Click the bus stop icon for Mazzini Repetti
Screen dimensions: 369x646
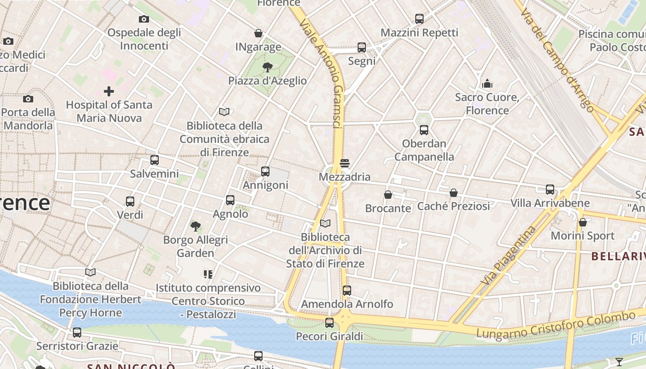click(419, 19)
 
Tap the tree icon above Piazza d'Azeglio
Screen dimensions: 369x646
click(267, 67)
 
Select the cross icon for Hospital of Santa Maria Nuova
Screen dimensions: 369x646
click(109, 91)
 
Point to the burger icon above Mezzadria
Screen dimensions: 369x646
click(344, 163)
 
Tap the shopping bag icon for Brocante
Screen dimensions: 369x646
click(388, 195)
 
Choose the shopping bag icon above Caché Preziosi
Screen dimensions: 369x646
click(454, 192)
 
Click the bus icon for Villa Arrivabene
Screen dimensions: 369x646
click(550, 190)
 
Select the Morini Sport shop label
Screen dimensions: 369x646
click(583, 236)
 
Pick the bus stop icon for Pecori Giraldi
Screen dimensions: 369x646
click(329, 323)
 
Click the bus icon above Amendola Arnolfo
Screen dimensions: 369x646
click(347, 291)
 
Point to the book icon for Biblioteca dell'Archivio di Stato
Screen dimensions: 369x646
click(325, 224)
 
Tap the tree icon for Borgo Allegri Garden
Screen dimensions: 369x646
click(196, 226)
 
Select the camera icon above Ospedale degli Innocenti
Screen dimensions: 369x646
click(144, 19)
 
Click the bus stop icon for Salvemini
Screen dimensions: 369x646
click(155, 160)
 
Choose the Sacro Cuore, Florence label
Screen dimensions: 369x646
click(487, 104)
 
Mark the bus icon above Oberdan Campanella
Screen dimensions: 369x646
click(424, 130)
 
